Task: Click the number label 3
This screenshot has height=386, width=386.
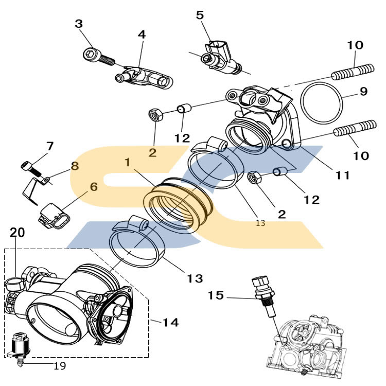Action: [x=79, y=24]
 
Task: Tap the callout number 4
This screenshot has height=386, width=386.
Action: [x=142, y=34]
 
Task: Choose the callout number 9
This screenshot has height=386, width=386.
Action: [x=363, y=92]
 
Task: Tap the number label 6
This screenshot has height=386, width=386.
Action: [x=94, y=186]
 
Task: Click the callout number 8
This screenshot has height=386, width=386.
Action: [x=75, y=166]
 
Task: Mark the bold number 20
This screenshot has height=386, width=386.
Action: [x=17, y=233]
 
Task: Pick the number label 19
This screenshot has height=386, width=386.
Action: [x=60, y=366]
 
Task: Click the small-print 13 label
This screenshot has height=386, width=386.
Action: [x=260, y=223]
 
